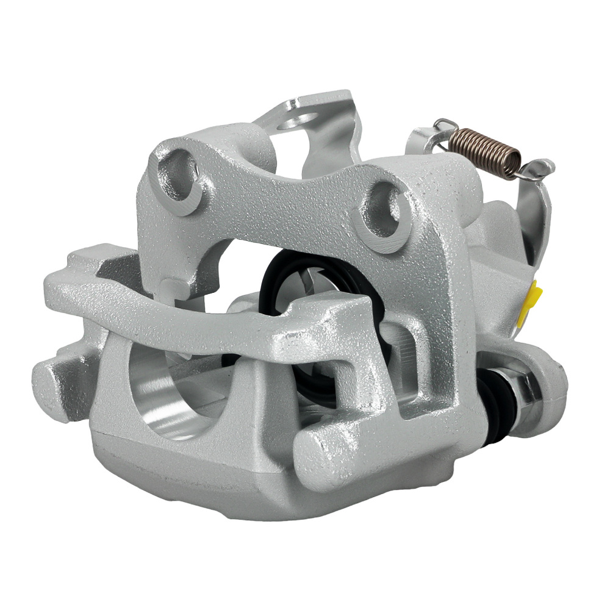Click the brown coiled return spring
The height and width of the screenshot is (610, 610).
tap(485, 152)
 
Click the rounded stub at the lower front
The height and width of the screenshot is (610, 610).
tap(323, 451)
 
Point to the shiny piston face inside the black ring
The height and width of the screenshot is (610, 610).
tap(305, 287)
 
